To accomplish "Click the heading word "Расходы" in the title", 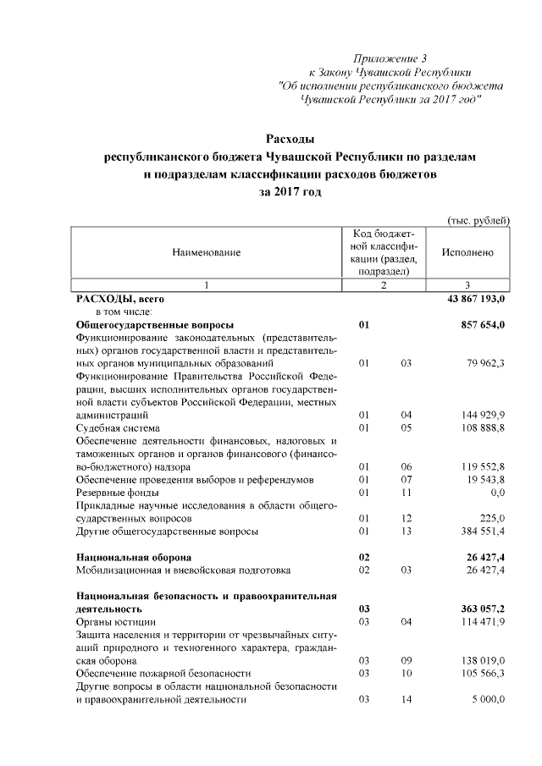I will (x=290, y=139).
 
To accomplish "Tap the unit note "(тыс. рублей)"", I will (x=478, y=220).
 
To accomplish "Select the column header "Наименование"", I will (x=207, y=252).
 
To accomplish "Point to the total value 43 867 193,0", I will (x=470, y=299).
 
